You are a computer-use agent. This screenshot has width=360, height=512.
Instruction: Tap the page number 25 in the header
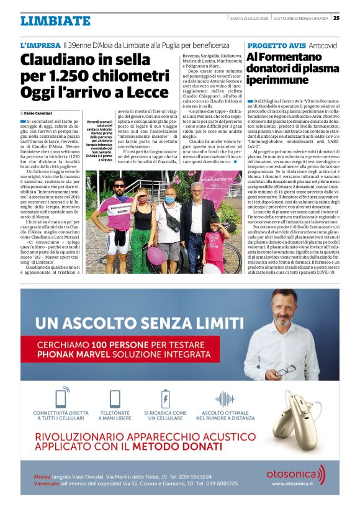(353, 17)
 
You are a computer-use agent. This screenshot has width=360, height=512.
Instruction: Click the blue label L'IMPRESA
(40, 46)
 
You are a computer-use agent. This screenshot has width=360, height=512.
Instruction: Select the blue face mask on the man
(169, 200)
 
